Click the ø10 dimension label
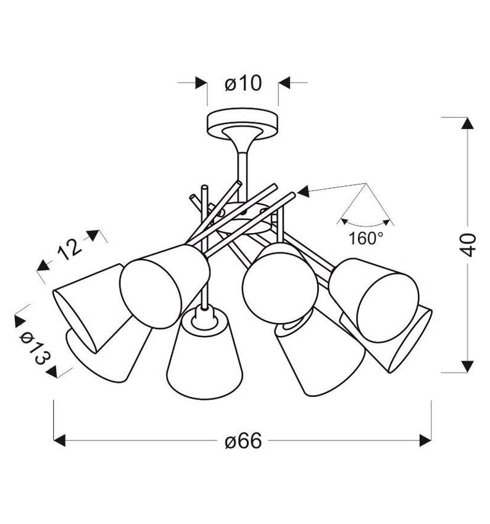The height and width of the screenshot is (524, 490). pos(243,84)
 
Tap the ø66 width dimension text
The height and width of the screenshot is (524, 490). pos(243,441)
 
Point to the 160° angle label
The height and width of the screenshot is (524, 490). pos(366,239)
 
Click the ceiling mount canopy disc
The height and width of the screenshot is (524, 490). pos(242,123)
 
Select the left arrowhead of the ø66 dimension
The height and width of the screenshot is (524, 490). pos(60,440)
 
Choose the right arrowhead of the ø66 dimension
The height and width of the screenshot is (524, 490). pos(425,440)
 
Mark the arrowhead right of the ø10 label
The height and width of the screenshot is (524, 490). pos(284,83)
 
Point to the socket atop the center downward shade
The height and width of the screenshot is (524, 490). pos(203,316)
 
